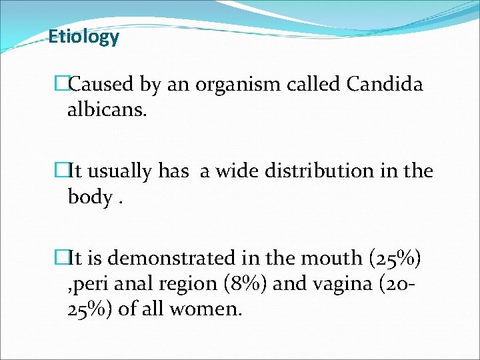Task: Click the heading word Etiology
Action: [x=83, y=37]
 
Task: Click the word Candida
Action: [x=385, y=85]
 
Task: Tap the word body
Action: [x=89, y=197]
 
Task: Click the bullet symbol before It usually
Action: [x=62, y=171]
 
